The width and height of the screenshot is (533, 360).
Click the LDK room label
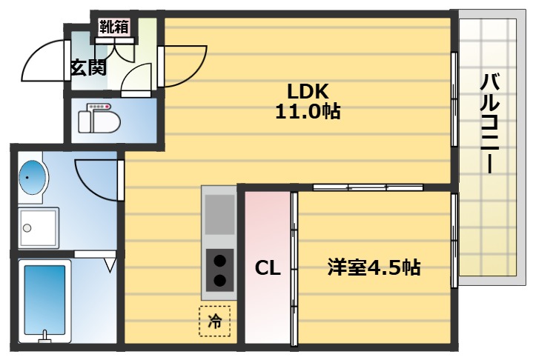308,91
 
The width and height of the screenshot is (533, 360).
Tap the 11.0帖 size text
308,112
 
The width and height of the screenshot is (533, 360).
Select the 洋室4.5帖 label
374,267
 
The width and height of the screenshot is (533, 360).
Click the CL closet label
268,268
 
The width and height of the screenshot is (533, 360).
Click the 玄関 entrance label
87,67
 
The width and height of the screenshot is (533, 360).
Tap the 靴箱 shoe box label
114,27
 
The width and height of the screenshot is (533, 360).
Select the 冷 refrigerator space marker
215,321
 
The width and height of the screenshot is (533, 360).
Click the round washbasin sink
31,177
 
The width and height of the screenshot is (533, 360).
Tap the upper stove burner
219,260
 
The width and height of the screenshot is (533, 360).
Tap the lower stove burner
219,280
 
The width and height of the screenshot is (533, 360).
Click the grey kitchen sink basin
219,213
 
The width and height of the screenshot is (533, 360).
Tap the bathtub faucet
45,338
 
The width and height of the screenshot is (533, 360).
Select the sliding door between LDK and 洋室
362,187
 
